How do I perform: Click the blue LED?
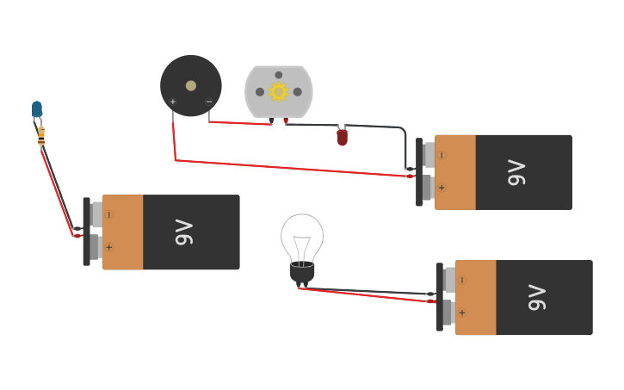(x=37, y=108)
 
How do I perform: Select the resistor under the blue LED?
(x=41, y=134)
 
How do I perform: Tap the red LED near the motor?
(x=342, y=137)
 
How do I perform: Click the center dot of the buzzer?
(x=190, y=85)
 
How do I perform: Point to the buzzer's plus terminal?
(x=173, y=102)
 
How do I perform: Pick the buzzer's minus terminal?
(x=208, y=102)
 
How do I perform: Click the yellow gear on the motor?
(x=278, y=92)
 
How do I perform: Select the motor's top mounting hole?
(x=278, y=75)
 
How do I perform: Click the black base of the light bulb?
(x=302, y=274)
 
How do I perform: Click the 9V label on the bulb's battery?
(x=536, y=298)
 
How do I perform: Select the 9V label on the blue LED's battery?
(x=183, y=232)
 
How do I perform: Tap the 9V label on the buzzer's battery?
(x=516, y=172)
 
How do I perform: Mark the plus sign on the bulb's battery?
(x=462, y=313)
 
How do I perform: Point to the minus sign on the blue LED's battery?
(x=108, y=214)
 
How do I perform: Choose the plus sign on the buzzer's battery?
(x=442, y=187)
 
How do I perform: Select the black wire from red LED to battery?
(x=379, y=127)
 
